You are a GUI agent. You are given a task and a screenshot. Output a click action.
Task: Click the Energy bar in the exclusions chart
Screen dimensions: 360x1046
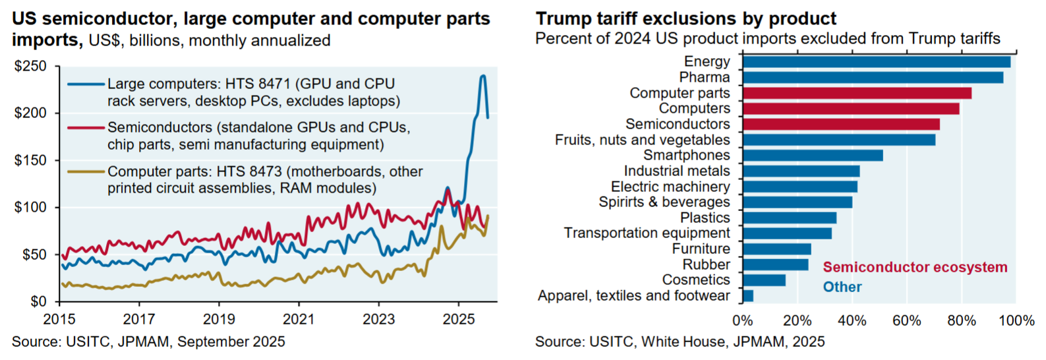pyautogui.click(x=876, y=62)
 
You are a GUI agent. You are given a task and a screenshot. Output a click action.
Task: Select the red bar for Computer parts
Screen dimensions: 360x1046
pyautogui.click(x=857, y=94)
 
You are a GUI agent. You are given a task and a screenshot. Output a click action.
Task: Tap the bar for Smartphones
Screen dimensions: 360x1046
pyautogui.click(x=813, y=156)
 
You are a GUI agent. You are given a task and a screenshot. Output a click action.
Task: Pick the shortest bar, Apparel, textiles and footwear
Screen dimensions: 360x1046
pyautogui.click(x=748, y=296)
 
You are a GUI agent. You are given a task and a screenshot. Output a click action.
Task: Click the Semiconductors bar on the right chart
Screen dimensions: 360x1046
pyautogui.click(x=841, y=125)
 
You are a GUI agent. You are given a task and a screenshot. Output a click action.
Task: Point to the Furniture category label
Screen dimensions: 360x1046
pyautogui.click(x=701, y=249)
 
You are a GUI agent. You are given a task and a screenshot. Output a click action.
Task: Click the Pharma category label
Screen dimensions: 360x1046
pyautogui.click(x=705, y=77)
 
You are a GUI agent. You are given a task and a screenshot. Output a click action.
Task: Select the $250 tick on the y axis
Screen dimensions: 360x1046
pyautogui.click(x=30, y=67)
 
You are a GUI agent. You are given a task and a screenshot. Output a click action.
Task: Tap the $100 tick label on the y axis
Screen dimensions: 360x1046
pyautogui.click(x=30, y=208)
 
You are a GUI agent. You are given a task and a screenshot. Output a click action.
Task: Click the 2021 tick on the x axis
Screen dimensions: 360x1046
pyautogui.click(x=299, y=320)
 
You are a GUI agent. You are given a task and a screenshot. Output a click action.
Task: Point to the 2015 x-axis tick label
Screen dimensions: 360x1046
pyautogui.click(x=59, y=320)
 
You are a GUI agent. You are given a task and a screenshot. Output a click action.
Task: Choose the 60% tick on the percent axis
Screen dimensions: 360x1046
pyautogui.click(x=906, y=321)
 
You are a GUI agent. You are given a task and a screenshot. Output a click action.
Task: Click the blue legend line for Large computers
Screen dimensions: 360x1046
pyautogui.click(x=86, y=84)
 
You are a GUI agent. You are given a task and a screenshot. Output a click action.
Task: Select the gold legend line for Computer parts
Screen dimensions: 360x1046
pyautogui.click(x=86, y=172)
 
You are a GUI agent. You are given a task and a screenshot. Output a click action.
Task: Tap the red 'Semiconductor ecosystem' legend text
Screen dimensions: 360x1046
pyautogui.click(x=915, y=268)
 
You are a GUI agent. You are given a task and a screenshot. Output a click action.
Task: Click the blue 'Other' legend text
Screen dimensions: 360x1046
pyautogui.click(x=842, y=287)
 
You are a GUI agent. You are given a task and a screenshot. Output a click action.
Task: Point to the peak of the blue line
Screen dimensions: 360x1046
pyautogui.click(x=482, y=76)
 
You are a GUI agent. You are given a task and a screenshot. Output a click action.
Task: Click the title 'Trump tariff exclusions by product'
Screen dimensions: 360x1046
pyautogui.click(x=685, y=18)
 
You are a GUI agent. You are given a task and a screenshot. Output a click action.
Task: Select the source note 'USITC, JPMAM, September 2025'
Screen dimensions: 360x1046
pyautogui.click(x=148, y=342)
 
